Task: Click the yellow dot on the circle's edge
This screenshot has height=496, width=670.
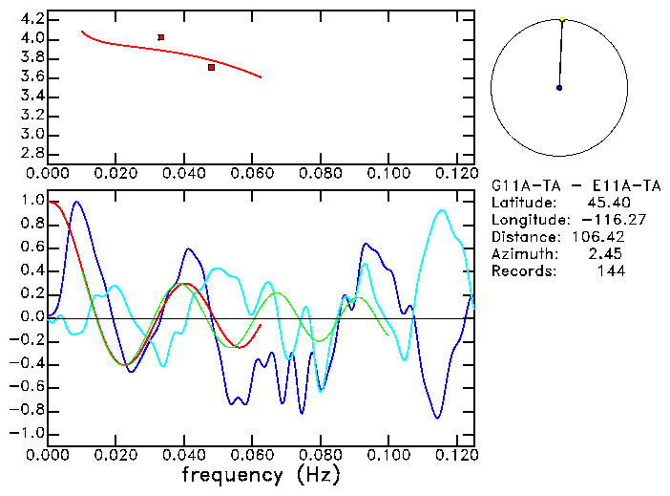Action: click(x=563, y=18)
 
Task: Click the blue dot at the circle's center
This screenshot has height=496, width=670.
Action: click(x=559, y=88)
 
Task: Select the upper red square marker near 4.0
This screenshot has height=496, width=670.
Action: click(x=161, y=37)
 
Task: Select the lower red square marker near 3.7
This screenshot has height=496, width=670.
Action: click(x=211, y=67)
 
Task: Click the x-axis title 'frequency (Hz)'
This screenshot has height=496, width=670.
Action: click(x=261, y=475)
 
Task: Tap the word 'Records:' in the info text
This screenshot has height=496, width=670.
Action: click(x=523, y=270)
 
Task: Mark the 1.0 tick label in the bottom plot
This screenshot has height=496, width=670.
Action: click(x=32, y=201)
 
